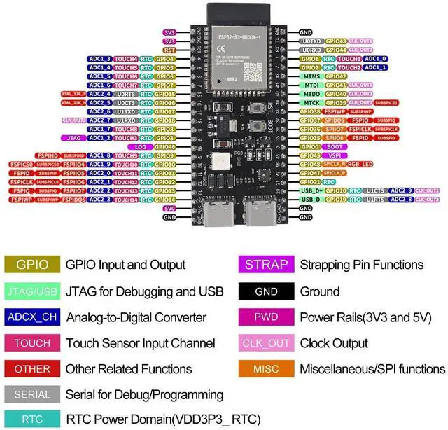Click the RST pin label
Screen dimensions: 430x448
pos(169,50)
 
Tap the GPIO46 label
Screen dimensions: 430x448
pos(165,147)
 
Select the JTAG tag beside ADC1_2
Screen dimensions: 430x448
pos(76,138)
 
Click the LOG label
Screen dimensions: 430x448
pos(141,147)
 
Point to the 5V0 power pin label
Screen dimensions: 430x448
pos(169,209)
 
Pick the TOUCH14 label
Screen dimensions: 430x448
pos(126,200)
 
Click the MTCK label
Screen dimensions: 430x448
pos(311,103)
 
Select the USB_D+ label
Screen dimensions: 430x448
pos(311,190)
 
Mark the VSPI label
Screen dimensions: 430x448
pos(334,155)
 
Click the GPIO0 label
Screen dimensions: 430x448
pos(309,147)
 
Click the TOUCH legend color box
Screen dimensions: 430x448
pos(32,343)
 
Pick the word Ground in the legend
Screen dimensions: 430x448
pos(321,291)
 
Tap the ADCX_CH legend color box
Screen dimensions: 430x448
pos(32,317)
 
